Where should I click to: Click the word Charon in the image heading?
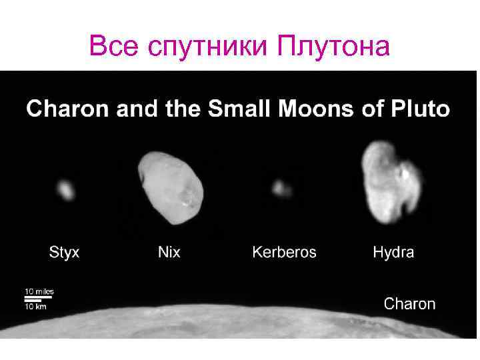[x=69, y=109]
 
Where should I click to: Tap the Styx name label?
[x=64, y=253]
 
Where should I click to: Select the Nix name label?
[x=169, y=253]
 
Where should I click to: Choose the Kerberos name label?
[x=284, y=253]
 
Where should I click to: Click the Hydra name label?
[x=393, y=253]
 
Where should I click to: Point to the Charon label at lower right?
[x=409, y=304]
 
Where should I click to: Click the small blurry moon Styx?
[x=65, y=190]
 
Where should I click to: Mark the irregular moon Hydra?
[x=389, y=183]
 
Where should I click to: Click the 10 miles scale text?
[x=39, y=291]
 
